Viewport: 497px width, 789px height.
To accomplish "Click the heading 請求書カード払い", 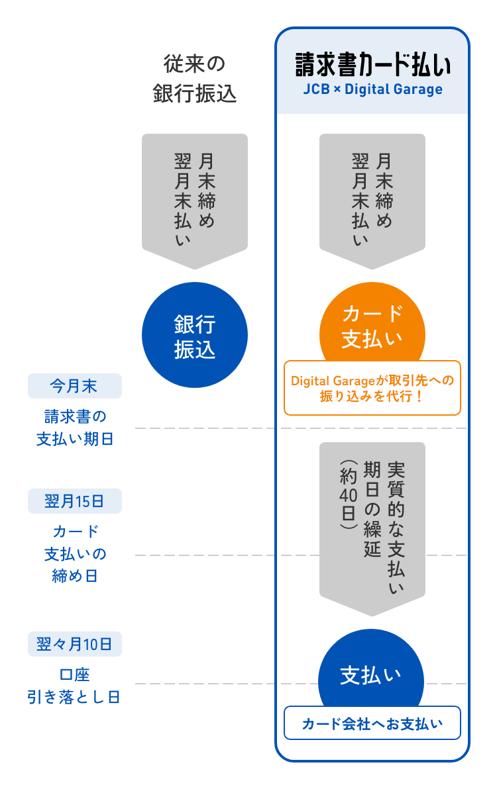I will click(372, 67).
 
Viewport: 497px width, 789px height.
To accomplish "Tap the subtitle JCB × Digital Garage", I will click(372, 89).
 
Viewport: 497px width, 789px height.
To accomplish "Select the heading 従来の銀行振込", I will click(194, 79).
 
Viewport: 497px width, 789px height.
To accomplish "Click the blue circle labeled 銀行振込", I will click(195, 336).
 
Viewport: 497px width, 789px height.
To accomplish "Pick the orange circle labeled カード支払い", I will click(372, 324).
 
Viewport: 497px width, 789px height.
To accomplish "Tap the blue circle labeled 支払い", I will click(372, 675).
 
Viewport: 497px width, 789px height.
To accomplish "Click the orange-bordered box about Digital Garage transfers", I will click(372, 389).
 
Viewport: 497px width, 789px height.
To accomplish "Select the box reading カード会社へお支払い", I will click(372, 723).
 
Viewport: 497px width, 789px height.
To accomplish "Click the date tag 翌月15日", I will click(74, 501).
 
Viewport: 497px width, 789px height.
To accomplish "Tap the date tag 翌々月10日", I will click(74, 643).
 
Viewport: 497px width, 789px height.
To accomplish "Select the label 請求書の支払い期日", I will click(74, 427).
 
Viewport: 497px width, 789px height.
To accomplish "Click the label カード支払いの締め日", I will click(74, 553).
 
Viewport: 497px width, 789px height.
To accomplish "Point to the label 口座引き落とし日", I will click(74, 686).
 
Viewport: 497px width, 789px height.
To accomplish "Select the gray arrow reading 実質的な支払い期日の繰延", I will click(372, 523).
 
